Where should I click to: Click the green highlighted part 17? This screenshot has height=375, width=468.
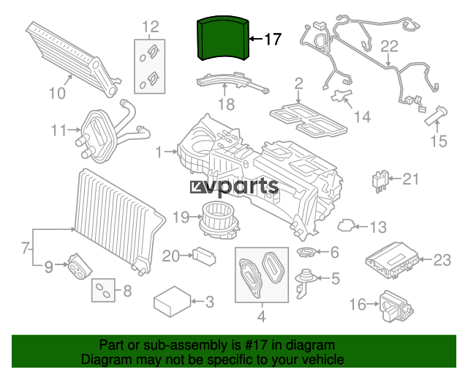click(222, 38)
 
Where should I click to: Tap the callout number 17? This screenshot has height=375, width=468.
click(273, 39)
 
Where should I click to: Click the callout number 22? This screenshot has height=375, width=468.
click(389, 47)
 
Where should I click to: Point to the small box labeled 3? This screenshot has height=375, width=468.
click(173, 302)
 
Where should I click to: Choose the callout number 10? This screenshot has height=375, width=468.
click(57, 93)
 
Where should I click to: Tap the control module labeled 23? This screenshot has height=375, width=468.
click(392, 261)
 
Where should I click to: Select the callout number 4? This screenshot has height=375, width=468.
click(262, 316)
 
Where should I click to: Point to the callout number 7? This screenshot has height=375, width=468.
click(26, 248)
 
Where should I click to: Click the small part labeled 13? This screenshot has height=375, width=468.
click(346, 226)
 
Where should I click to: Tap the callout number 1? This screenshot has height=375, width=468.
click(159, 152)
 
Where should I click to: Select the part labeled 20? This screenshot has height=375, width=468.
click(204, 256)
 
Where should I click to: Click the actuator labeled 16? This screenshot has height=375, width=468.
click(396, 308)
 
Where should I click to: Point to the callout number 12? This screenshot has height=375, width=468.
click(151, 27)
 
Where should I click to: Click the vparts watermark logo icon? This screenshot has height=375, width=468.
click(197, 187)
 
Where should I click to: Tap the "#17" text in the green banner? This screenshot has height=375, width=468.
click(257, 345)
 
